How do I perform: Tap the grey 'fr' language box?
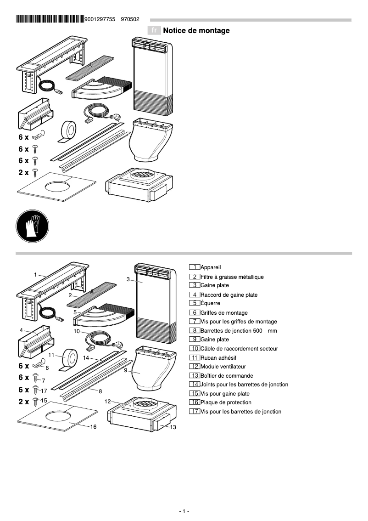coord(154,31)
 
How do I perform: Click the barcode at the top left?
coord(49,19)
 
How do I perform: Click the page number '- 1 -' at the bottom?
coord(184,511)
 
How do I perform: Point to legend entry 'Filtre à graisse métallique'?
coord(232,277)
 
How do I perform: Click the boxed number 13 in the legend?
coord(195,375)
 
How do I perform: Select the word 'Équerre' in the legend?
coord(210,303)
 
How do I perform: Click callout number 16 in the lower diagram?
coord(93,427)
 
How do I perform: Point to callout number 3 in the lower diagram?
coord(128,279)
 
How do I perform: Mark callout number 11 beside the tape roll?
coord(51,355)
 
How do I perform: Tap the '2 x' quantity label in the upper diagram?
coord(23,173)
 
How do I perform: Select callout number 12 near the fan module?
coord(107,401)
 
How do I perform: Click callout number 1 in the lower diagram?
coord(35,274)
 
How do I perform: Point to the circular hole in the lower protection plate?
coord(59,415)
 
